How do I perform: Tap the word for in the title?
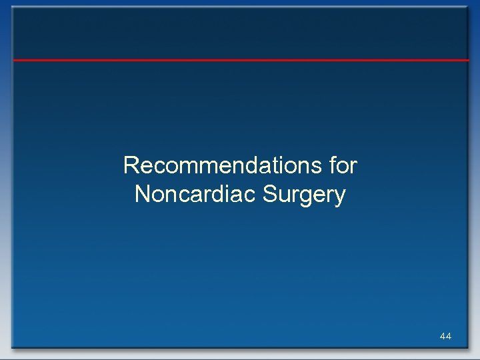[x=344, y=165]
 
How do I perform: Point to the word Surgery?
[x=305, y=195]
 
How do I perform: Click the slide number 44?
[x=445, y=337]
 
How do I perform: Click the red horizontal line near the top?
[x=240, y=60]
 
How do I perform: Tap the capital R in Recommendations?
[x=131, y=165]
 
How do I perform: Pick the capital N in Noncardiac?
[x=141, y=195]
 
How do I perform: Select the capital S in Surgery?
[x=270, y=195]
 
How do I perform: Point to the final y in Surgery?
[x=341, y=197]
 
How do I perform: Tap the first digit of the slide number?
[x=443, y=337]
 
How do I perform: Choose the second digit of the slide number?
[x=449, y=337]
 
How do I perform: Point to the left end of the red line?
[x=15, y=60]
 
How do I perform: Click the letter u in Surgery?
[x=283, y=196]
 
